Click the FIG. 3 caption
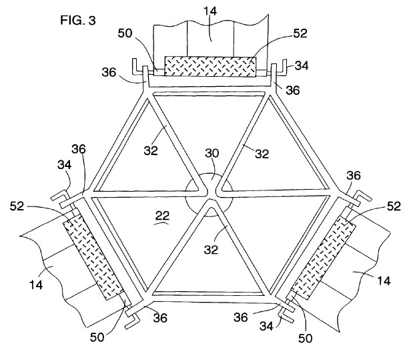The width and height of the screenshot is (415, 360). tap(78, 20)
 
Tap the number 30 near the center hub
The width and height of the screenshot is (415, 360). tap(212, 153)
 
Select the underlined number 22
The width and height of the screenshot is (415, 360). tap(162, 216)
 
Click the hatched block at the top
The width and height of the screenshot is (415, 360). tap(210, 66)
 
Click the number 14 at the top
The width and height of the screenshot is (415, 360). tap(210, 11)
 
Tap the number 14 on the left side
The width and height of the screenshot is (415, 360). tap(36, 285)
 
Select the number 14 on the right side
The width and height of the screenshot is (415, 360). tap(384, 281)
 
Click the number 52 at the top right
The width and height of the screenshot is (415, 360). tap(300, 33)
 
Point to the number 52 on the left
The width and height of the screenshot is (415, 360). tap(17, 206)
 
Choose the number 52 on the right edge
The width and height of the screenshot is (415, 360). tap(394, 206)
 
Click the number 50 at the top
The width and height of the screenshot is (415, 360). tap(125, 33)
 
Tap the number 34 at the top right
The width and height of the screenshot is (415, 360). tap(302, 65)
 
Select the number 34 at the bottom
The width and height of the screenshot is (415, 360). tap(266, 326)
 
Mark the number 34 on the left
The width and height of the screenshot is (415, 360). tap(64, 165)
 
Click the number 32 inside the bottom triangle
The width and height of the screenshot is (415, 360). tap(211, 249)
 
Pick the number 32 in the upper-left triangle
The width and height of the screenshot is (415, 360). tap(151, 150)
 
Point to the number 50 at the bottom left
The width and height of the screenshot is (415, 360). tap(97, 337)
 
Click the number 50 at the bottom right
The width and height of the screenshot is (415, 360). tap(305, 338)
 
